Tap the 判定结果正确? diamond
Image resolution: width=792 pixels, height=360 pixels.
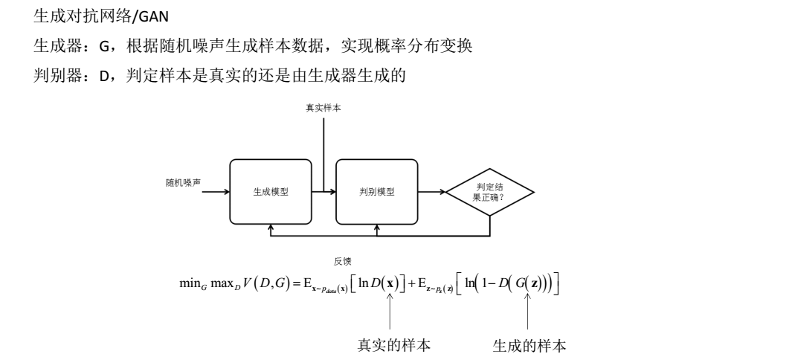click(489, 191)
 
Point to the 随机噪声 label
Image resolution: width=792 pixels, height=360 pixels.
click(183, 181)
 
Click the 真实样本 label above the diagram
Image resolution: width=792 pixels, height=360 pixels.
click(324, 109)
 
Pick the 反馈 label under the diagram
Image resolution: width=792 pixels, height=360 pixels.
click(343, 261)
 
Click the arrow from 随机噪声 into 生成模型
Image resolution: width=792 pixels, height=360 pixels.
click(216, 191)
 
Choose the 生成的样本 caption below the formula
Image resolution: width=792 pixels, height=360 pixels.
click(529, 346)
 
